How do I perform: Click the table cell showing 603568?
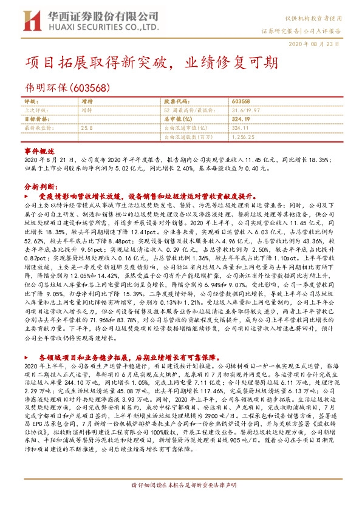tap(241, 101)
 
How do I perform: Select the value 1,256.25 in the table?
tap(244, 138)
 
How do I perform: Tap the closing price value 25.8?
tap(86, 129)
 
